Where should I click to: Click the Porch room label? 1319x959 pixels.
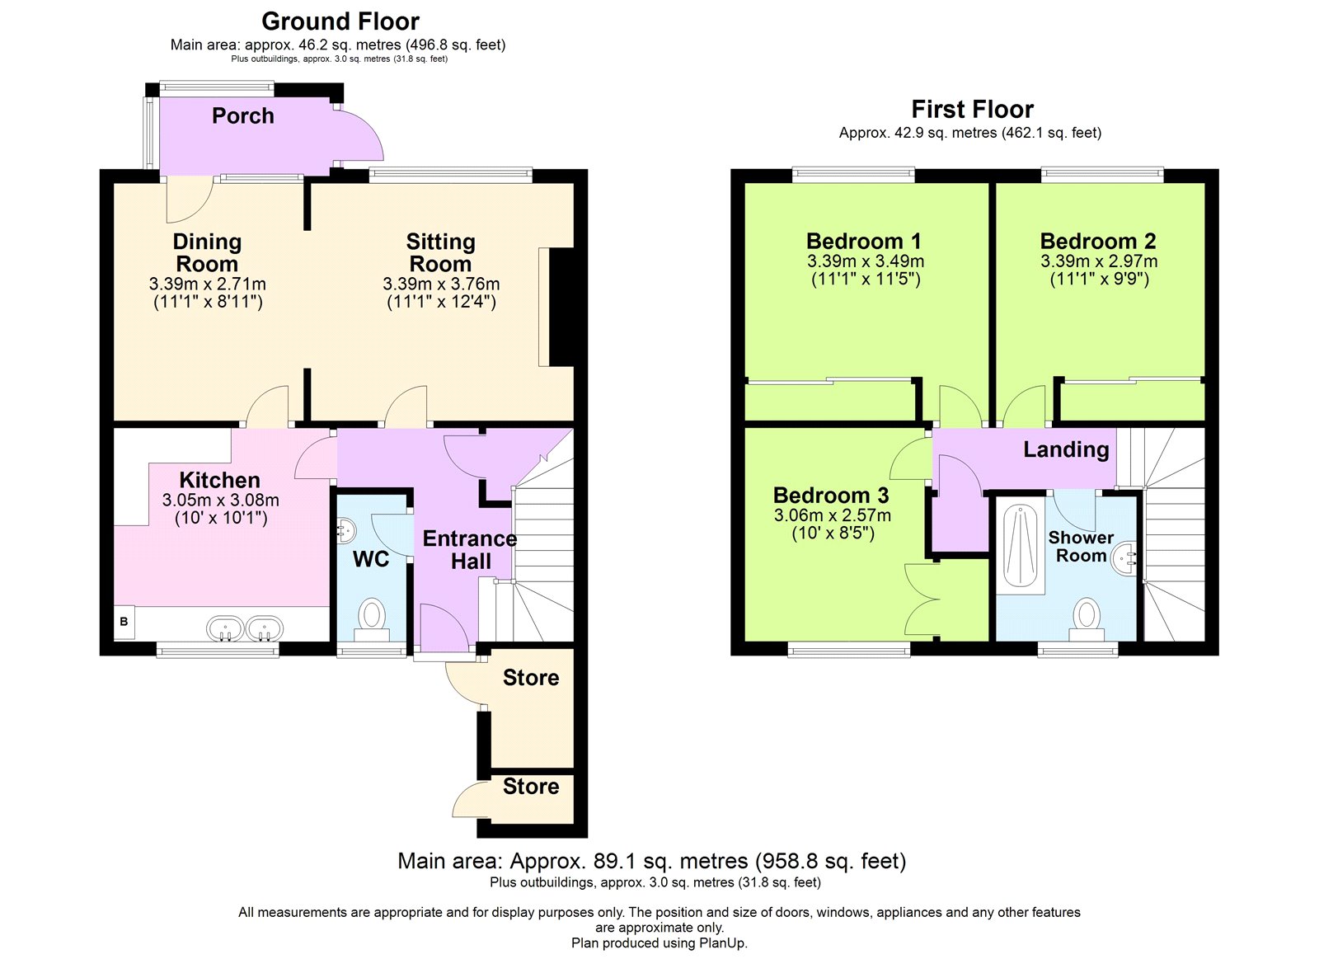coord(242,116)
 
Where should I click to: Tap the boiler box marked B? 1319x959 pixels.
coord(124,622)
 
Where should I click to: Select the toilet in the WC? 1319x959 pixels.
coord(372,618)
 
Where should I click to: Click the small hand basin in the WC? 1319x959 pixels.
coord(345,530)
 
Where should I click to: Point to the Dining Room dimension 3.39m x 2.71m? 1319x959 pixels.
coord(208,284)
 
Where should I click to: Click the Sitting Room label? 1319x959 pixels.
coord(440,252)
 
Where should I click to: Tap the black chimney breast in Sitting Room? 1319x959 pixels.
coord(561,307)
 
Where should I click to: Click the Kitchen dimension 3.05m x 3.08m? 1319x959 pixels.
coord(220,500)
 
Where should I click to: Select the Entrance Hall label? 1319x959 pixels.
coord(470,549)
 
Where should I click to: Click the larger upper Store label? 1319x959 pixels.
coord(531,678)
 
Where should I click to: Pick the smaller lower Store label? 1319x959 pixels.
coord(531,787)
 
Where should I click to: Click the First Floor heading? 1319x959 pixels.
coord(972,110)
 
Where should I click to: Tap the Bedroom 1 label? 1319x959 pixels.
coord(863,242)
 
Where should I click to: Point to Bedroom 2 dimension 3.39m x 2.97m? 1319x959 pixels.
coord(1099,261)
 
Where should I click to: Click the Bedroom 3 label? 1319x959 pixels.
coord(831,496)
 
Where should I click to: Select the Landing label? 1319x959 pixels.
coord(1066,449)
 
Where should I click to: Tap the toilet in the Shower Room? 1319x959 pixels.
coord(1087,618)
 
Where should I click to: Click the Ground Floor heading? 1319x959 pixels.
coord(340,21)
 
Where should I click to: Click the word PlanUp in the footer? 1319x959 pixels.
coord(722,943)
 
